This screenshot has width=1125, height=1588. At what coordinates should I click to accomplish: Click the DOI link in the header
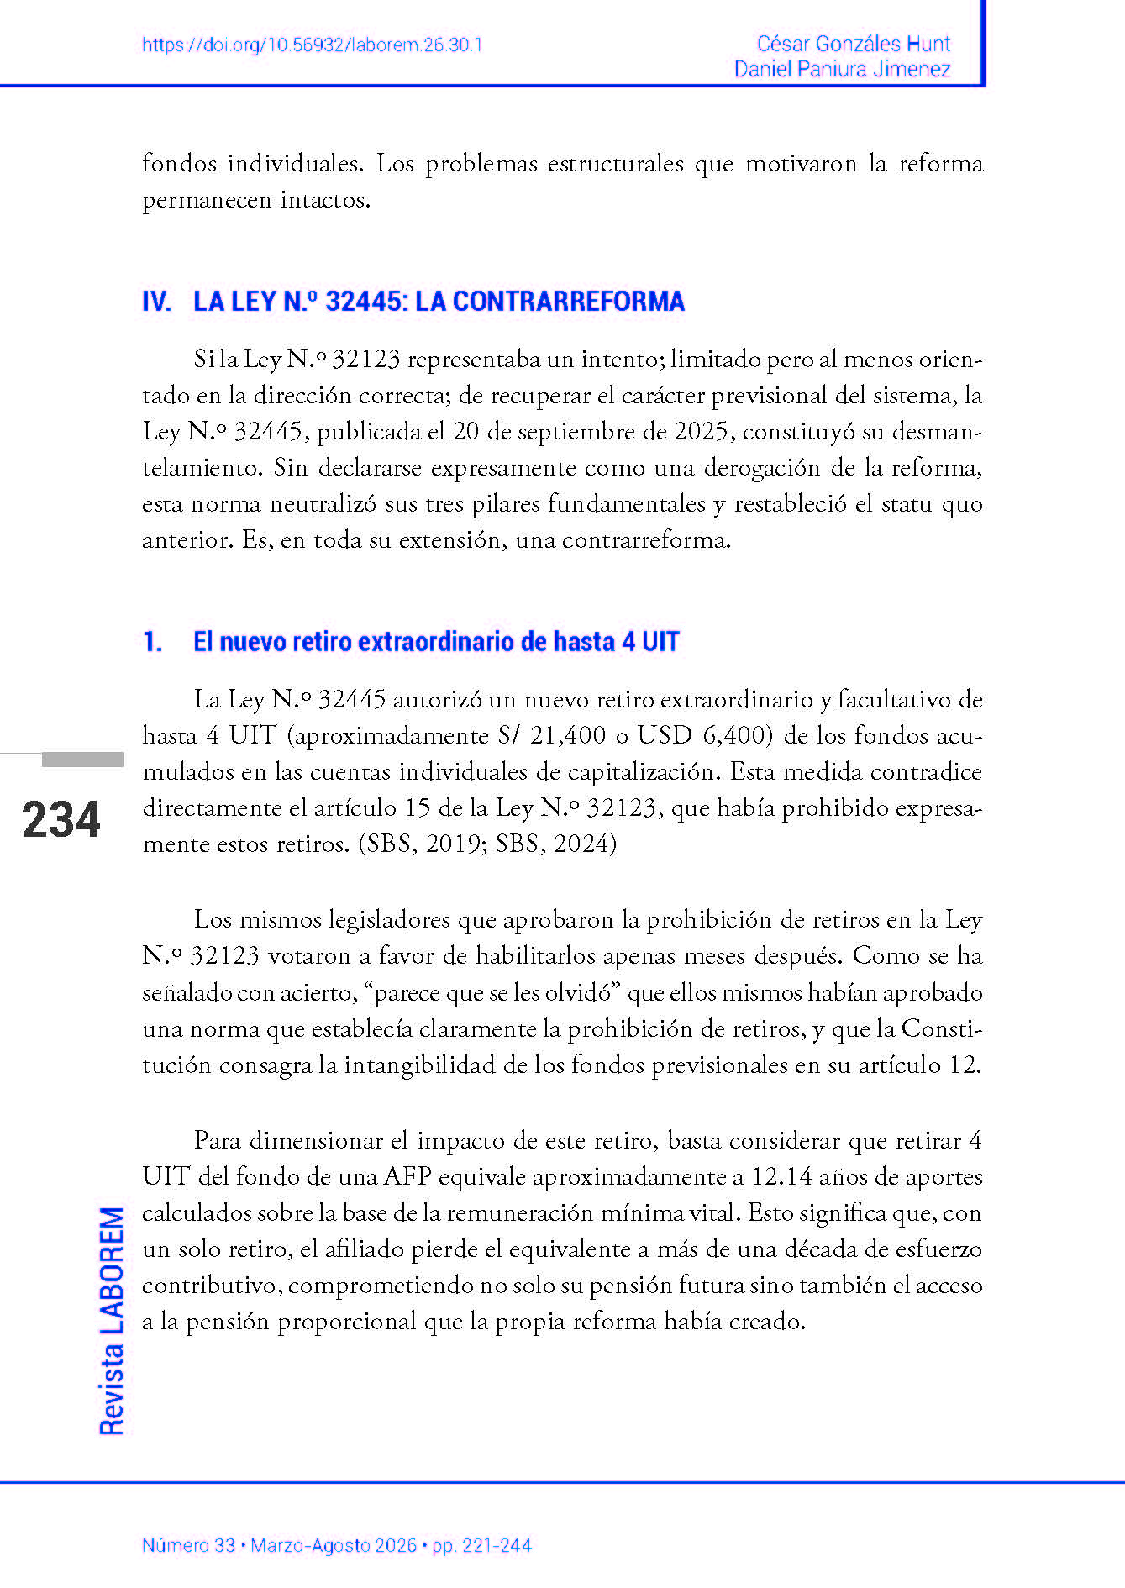[x=312, y=45]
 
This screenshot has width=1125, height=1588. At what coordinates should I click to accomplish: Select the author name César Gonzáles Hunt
[x=853, y=44]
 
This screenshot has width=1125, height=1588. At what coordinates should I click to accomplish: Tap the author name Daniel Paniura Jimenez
[x=842, y=69]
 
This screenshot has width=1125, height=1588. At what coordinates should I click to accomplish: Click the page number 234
[x=61, y=820]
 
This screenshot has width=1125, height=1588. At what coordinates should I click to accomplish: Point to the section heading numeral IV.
[x=156, y=302]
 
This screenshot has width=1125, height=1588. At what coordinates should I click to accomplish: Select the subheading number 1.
[x=152, y=642]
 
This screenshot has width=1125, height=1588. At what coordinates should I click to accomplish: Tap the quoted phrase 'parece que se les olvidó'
[x=493, y=993]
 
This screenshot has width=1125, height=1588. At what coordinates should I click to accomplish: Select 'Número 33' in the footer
[x=188, y=1545]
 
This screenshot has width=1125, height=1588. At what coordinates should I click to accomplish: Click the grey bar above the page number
[x=82, y=760]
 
